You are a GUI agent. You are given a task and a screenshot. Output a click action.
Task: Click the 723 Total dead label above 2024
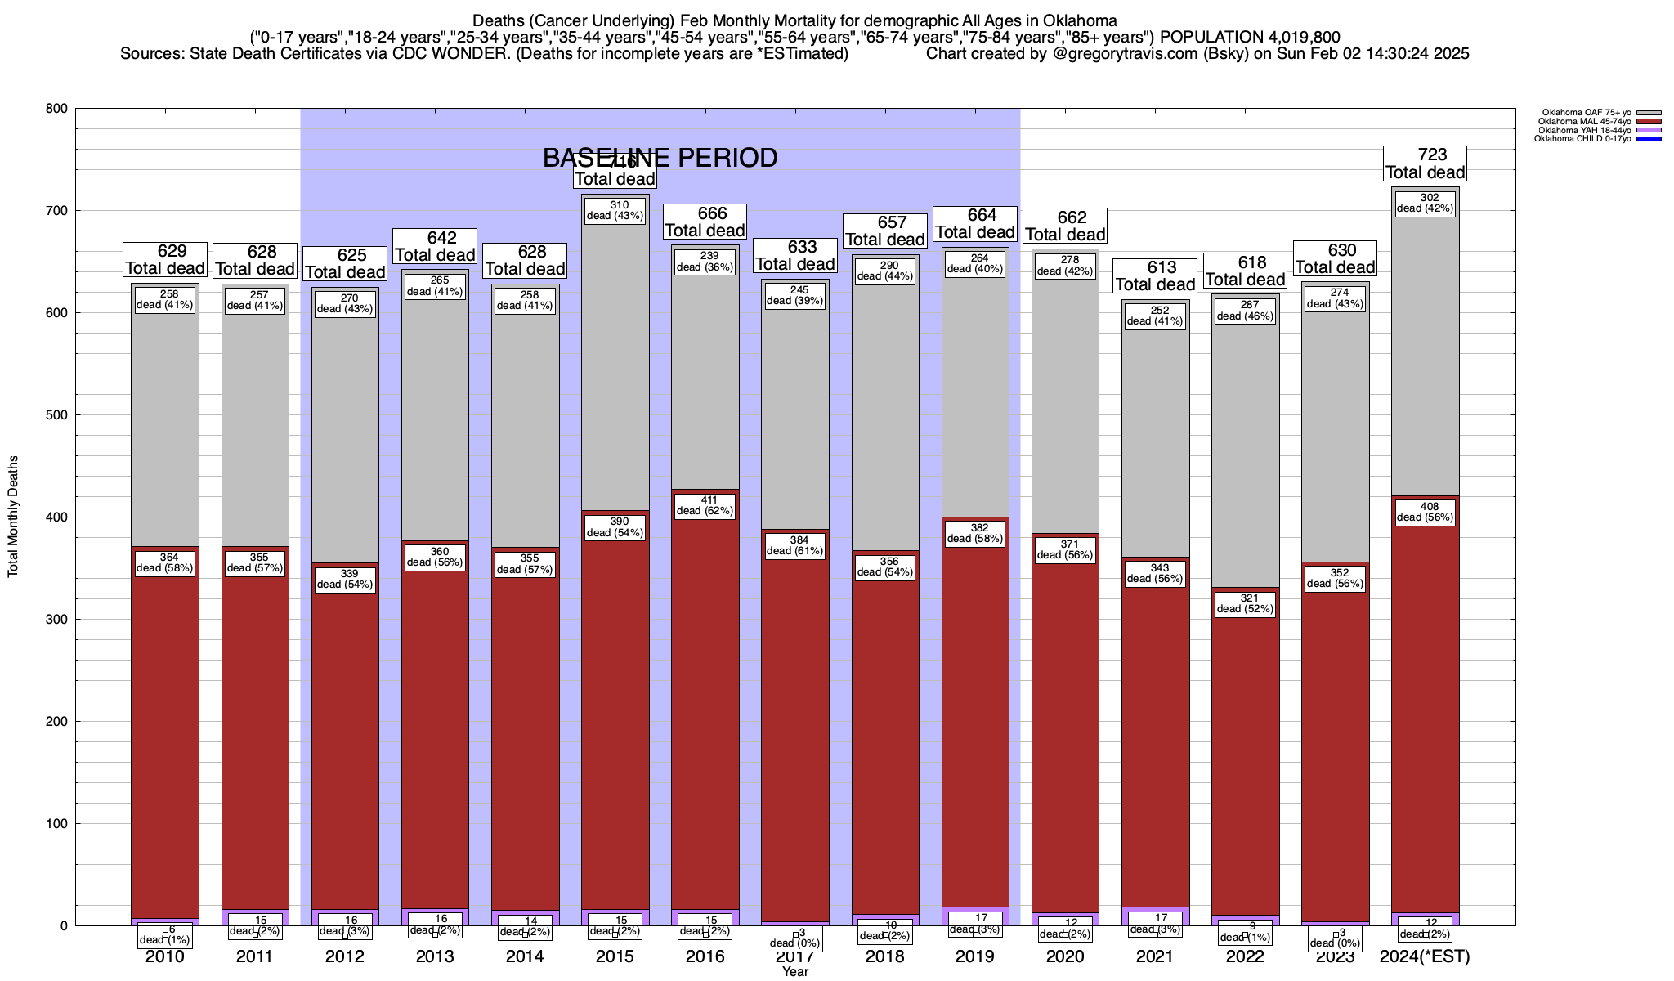tap(1426, 163)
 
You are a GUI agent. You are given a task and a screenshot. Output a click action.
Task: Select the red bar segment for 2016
tap(705, 703)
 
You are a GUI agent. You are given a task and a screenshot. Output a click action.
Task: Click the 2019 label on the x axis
tap(975, 956)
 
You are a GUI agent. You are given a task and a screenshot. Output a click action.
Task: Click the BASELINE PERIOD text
tap(660, 158)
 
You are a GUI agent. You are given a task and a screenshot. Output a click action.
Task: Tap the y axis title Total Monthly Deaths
tap(13, 517)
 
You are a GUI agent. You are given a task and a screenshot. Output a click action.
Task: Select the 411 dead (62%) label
tap(705, 505)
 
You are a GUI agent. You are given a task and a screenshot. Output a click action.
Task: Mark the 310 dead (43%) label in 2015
tap(615, 210)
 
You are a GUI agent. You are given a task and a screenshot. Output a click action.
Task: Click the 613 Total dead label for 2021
tap(1156, 276)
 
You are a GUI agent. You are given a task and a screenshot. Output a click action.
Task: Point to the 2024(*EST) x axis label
tap(1425, 956)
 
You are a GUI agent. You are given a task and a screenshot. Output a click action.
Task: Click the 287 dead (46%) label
tap(1246, 310)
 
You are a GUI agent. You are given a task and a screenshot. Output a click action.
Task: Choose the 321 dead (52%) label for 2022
tap(1246, 603)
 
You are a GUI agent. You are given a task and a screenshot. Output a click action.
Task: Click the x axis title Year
tap(794, 971)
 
